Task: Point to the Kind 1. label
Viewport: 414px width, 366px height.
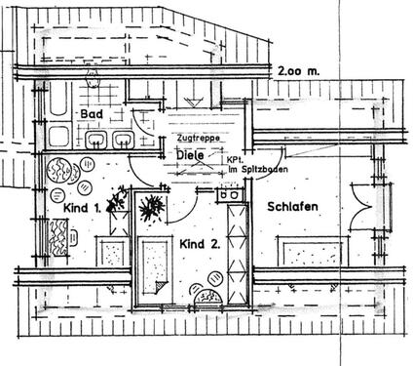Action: [x=85, y=208]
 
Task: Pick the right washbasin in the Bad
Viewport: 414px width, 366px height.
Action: [x=123, y=139]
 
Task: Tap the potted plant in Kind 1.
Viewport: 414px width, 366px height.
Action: [x=119, y=201]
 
